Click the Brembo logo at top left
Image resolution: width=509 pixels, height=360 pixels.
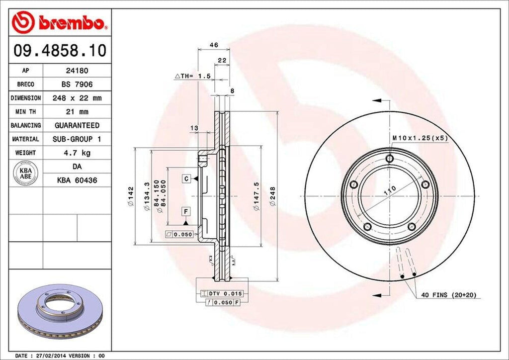(x=59, y=22)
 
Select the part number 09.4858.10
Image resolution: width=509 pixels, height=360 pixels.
(x=59, y=51)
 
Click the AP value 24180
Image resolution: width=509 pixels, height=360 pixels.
(x=77, y=71)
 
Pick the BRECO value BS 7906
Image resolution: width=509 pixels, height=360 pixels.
(x=77, y=85)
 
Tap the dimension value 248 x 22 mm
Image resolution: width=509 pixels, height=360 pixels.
(x=77, y=98)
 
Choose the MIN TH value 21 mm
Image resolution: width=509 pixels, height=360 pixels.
(x=77, y=112)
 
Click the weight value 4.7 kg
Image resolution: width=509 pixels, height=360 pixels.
(x=77, y=153)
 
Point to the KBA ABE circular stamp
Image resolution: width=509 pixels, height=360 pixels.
(x=25, y=173)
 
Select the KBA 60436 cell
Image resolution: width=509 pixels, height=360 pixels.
(x=77, y=180)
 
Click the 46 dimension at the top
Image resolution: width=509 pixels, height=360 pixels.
(x=214, y=45)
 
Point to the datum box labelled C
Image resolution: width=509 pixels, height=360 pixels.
(x=185, y=178)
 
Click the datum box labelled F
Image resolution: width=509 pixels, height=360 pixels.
(x=185, y=212)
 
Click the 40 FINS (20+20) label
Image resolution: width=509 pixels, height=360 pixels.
(x=449, y=295)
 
